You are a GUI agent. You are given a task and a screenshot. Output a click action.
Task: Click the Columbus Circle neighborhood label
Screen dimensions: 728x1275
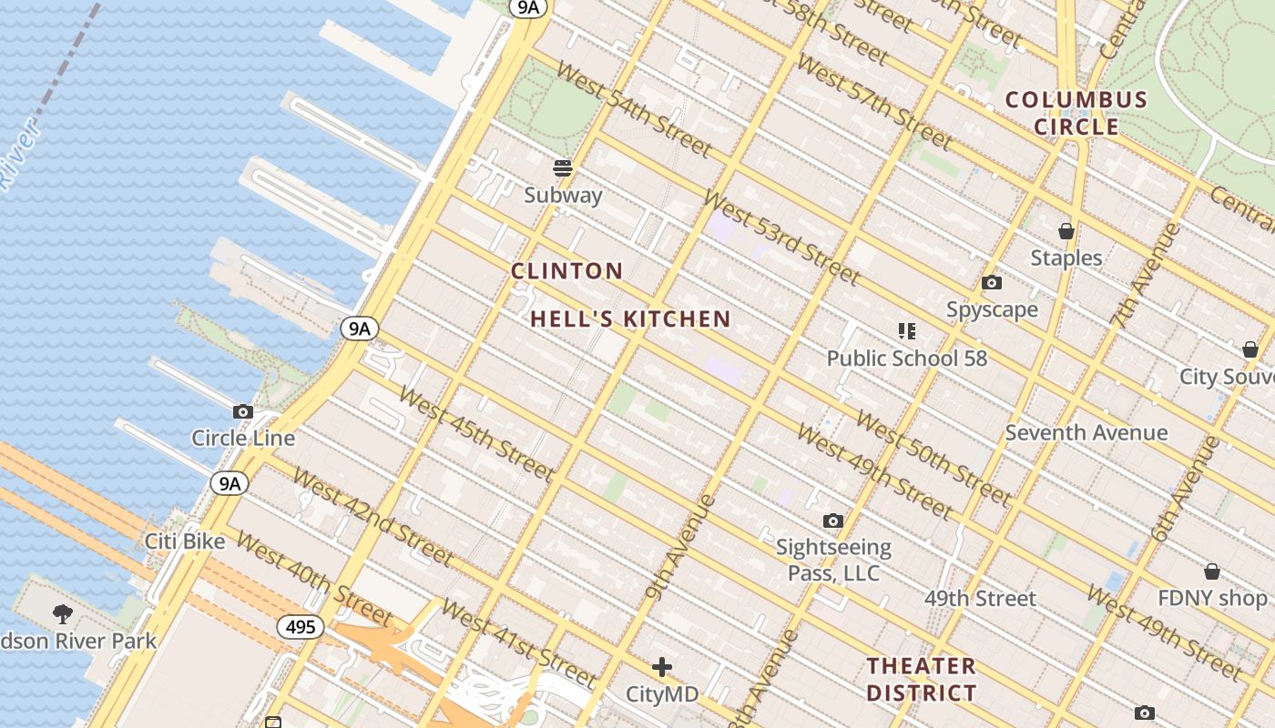coord(1076,113)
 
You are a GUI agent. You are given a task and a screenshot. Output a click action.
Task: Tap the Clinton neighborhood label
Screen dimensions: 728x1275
coord(566,271)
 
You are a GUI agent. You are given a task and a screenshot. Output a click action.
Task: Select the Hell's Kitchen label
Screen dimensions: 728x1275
coord(630,319)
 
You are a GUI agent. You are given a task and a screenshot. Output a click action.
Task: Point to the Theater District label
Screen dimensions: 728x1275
coord(921,679)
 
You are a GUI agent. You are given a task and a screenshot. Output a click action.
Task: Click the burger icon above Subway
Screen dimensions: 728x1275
coord(563,167)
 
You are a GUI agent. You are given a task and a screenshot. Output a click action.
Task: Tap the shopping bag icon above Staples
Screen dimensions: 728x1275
coord(1066,231)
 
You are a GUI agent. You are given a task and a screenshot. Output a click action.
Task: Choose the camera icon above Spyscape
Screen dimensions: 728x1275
coord(992,283)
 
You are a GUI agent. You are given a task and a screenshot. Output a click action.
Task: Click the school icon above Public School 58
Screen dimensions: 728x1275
coord(906,331)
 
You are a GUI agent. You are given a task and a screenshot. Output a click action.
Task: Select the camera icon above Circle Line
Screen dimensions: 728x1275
coord(243,411)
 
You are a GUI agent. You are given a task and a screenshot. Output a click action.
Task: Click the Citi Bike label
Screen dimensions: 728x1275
coord(185,541)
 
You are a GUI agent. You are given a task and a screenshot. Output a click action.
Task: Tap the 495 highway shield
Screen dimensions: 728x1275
coord(301,626)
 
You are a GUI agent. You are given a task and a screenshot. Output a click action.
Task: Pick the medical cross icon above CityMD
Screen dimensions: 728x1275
coord(662,667)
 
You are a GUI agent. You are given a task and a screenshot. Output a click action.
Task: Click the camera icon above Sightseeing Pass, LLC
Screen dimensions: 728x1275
coord(832,521)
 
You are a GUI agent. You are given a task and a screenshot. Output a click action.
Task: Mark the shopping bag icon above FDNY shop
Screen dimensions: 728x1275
coord(1211,571)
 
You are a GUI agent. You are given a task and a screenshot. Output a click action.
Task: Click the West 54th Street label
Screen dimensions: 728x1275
coord(632,109)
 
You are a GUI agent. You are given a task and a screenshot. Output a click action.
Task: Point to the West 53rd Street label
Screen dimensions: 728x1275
coord(780,237)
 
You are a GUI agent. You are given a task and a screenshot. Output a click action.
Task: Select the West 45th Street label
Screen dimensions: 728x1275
coord(475,434)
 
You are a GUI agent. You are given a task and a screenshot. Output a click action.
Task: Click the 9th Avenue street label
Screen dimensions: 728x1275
coord(679,547)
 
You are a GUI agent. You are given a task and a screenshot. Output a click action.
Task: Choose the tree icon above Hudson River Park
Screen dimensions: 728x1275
coord(63,613)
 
